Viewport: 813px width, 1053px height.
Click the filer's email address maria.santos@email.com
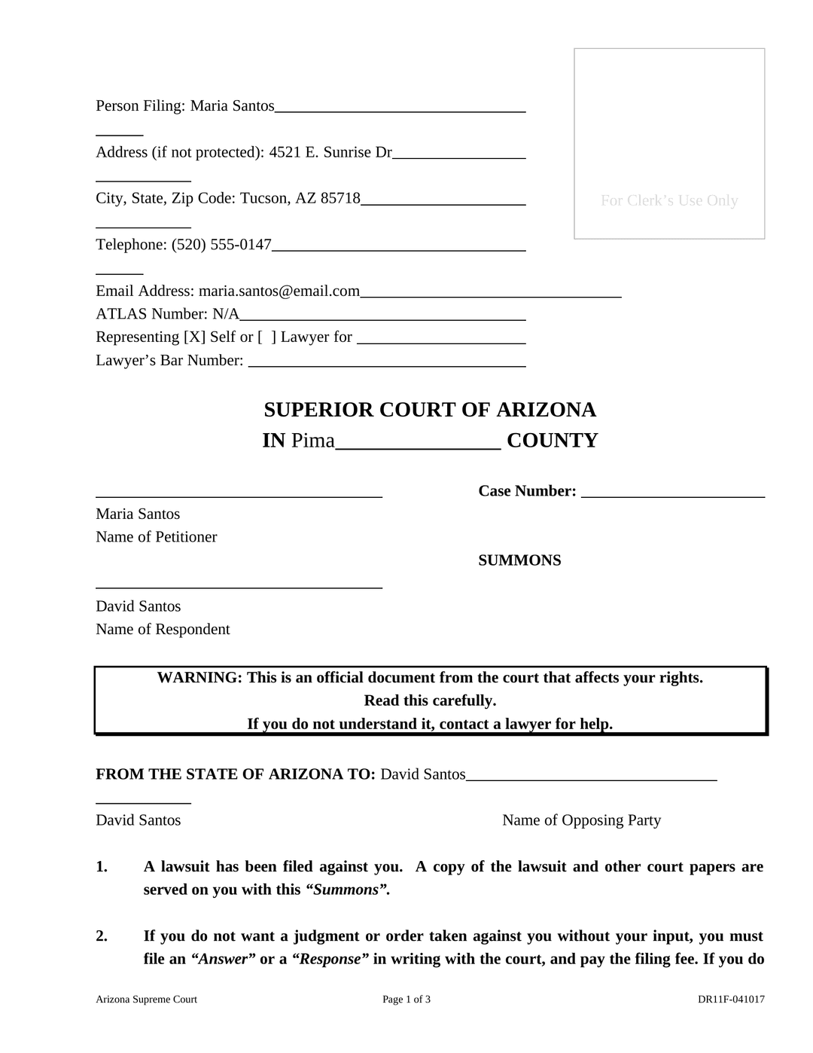click(279, 291)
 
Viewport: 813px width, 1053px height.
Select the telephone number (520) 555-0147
click(221, 245)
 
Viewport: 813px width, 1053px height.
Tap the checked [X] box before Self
click(194, 337)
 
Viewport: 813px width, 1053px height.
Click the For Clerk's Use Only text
click(669, 200)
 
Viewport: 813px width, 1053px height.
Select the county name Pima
click(312, 441)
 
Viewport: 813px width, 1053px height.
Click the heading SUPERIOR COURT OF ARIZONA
click(430, 410)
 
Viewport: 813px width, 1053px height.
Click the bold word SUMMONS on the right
click(519, 560)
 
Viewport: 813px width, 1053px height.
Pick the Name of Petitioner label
click(156, 537)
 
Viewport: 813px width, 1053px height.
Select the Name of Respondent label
click(163, 630)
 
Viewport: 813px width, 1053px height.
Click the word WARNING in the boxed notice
click(199, 678)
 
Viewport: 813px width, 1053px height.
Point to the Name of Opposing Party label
click(581, 820)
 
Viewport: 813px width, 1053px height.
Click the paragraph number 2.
click(102, 936)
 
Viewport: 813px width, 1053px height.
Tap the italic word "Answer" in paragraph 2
click(223, 960)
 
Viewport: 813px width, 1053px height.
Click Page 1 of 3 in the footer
click(406, 1000)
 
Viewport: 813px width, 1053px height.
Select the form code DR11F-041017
click(731, 1000)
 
